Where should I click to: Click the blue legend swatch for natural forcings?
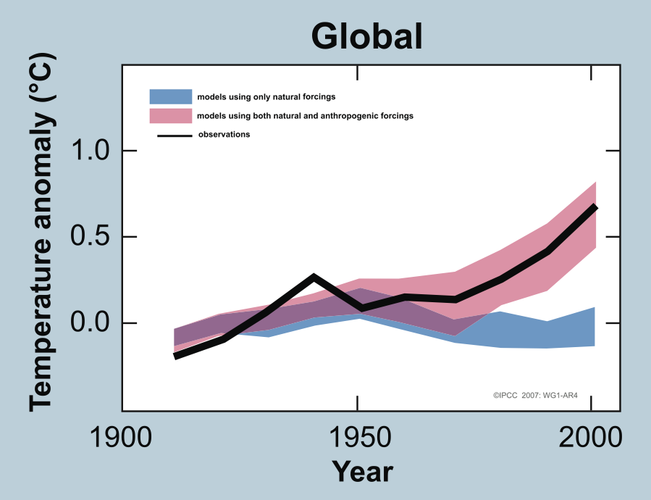(x=171, y=96)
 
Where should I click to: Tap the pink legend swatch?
(x=171, y=115)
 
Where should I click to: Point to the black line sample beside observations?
(x=175, y=135)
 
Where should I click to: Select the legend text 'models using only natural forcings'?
(x=266, y=96)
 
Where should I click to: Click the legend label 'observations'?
(x=224, y=134)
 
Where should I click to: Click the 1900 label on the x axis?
(x=121, y=438)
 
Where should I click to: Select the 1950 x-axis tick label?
(x=357, y=438)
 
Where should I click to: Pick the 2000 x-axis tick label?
(x=592, y=438)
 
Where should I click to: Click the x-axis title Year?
(x=363, y=472)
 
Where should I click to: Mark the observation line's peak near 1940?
(x=314, y=277)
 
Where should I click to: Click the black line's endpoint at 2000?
(x=595, y=207)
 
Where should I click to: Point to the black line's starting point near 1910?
(x=175, y=356)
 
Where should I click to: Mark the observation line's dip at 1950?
(x=360, y=309)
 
